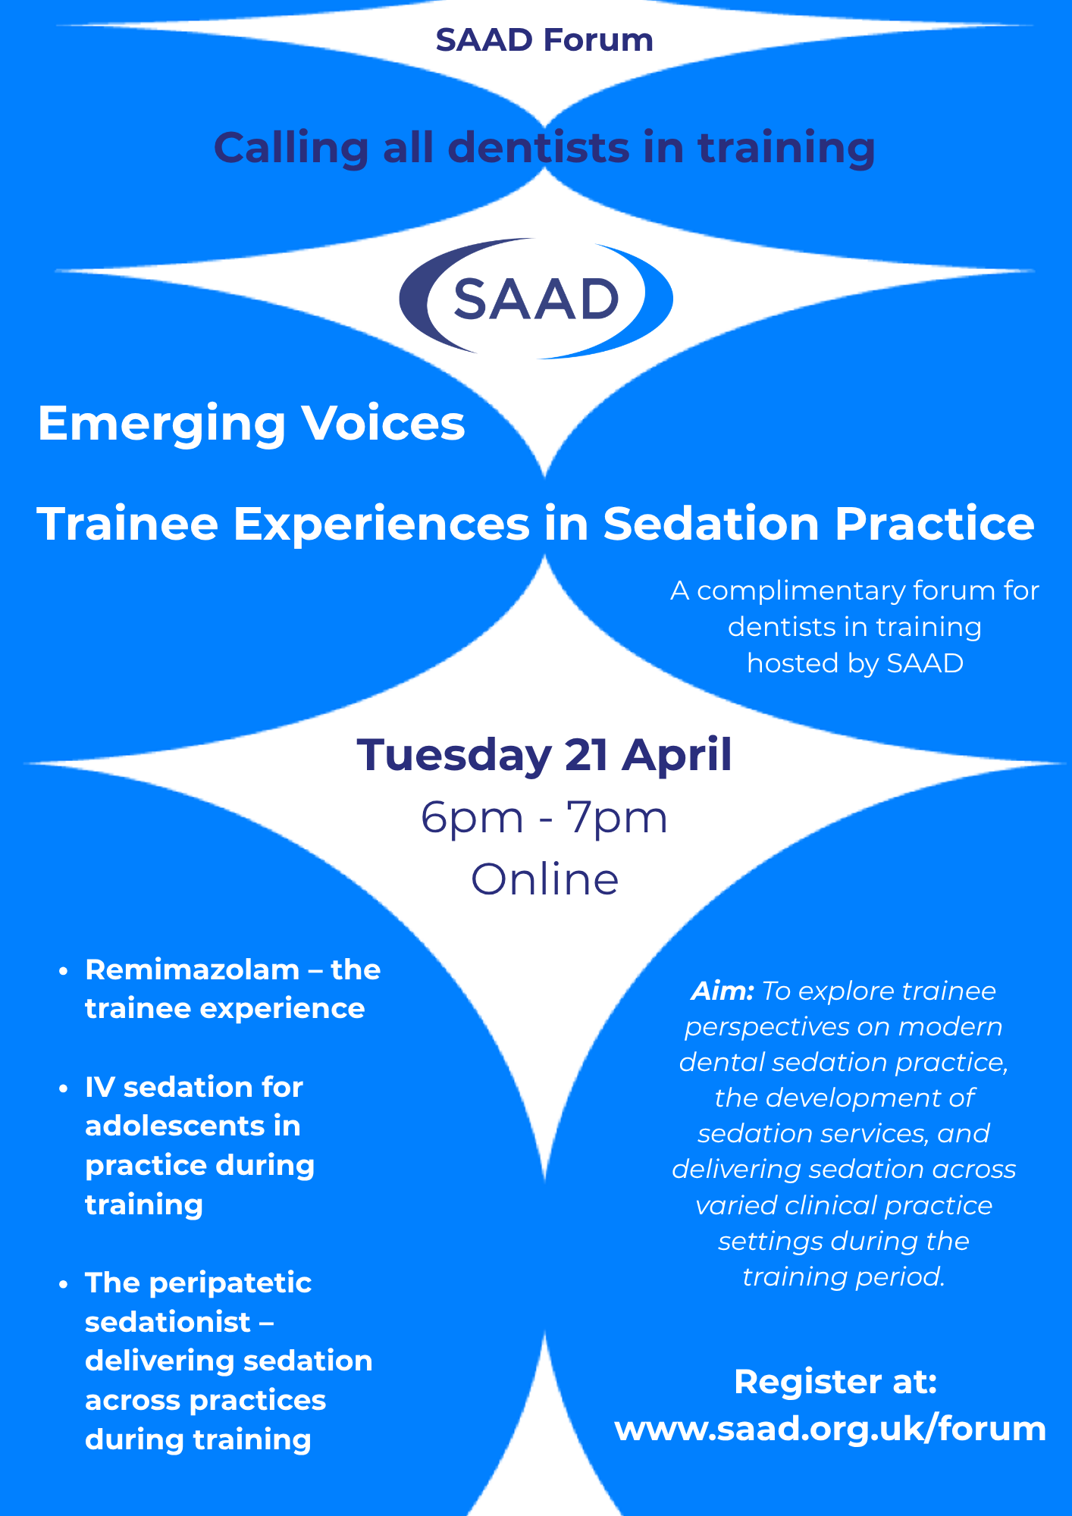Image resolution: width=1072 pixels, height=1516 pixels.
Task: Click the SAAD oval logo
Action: (536, 299)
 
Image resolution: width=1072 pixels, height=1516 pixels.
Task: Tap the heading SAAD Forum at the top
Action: (544, 40)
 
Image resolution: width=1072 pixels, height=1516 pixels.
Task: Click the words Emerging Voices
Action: (251, 423)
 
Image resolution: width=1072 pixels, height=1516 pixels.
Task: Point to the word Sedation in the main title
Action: (710, 524)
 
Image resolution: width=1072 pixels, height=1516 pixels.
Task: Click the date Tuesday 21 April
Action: (544, 755)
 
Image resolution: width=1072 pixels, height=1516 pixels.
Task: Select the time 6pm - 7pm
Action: (544, 818)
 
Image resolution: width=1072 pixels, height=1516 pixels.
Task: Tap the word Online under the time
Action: (544, 879)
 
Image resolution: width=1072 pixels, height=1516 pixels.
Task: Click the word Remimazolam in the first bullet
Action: (193, 969)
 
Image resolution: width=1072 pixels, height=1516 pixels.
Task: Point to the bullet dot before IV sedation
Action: (64, 1088)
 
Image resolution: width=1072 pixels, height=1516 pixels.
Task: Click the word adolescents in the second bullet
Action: (193, 1126)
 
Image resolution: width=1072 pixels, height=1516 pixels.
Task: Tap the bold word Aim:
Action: (722, 991)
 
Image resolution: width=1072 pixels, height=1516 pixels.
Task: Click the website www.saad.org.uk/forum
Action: (830, 1429)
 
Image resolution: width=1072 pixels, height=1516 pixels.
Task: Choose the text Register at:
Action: (835, 1382)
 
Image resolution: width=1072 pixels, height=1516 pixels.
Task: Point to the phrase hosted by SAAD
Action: (854, 663)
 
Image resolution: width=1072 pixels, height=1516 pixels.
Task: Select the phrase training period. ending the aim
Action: (843, 1276)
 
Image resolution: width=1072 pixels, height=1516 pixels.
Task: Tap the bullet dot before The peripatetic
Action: (64, 1284)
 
